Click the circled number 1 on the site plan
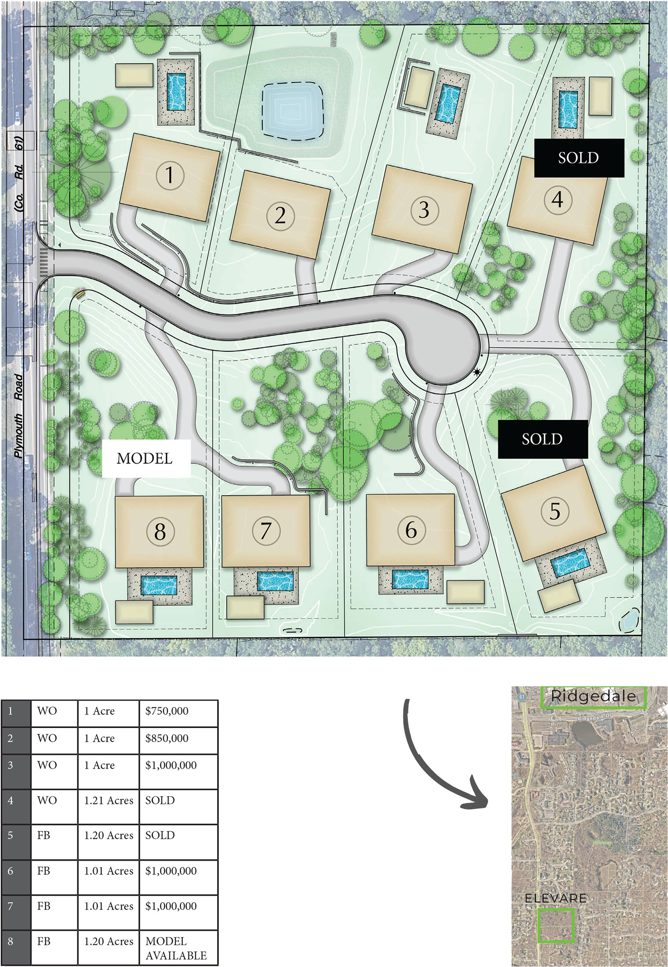coord(170,175)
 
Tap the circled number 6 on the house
coord(411,530)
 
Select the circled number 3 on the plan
coord(424,210)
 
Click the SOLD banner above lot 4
coord(579,158)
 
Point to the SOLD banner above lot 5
coord(542,439)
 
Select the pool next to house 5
coord(570,563)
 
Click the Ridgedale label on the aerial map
coord(593,696)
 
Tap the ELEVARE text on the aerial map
coord(555,898)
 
